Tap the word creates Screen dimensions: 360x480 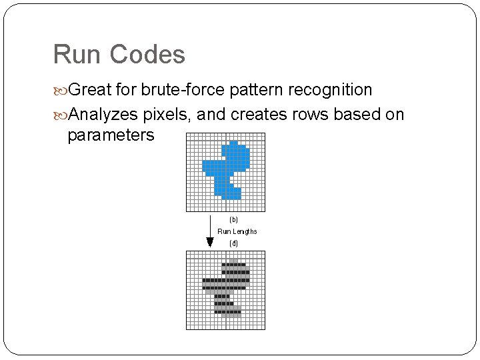[x=256, y=115]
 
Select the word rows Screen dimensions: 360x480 [x=309, y=115]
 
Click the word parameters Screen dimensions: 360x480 [x=111, y=135]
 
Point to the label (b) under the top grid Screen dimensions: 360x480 [x=233, y=219]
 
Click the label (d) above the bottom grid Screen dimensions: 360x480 [x=233, y=243]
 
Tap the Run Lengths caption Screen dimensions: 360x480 [x=237, y=231]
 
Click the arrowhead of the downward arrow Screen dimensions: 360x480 [x=210, y=242]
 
